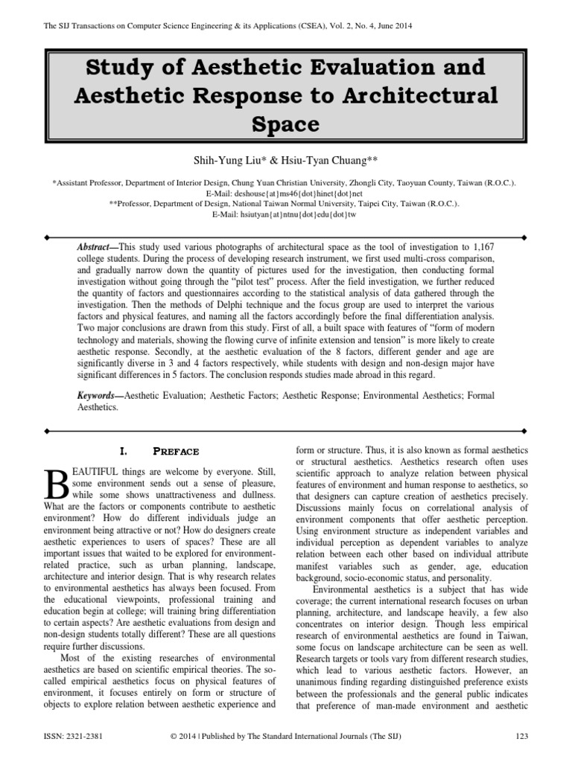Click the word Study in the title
click(x=120, y=68)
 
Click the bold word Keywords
click(x=100, y=396)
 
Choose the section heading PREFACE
click(x=177, y=451)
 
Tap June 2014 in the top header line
click(x=387, y=26)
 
